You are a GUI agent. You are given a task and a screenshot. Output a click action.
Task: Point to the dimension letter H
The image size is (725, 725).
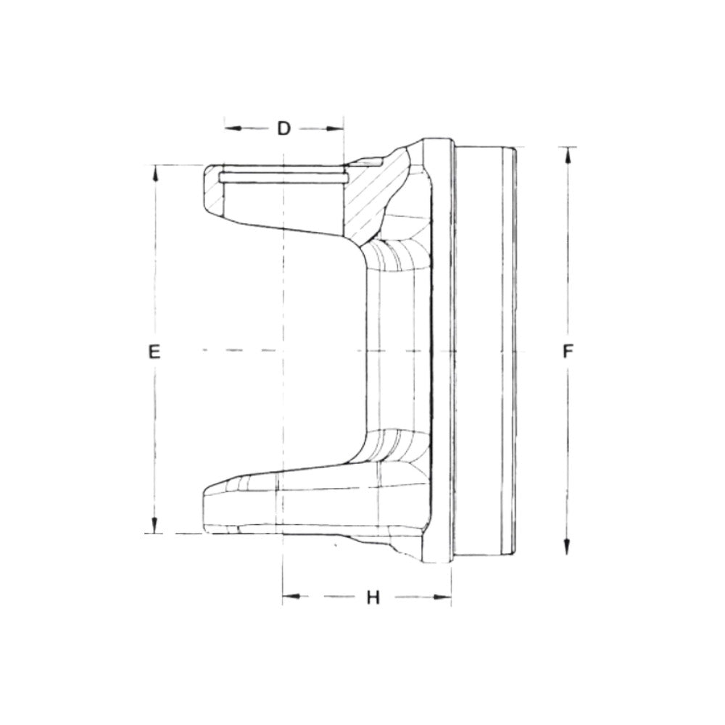point(373,597)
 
